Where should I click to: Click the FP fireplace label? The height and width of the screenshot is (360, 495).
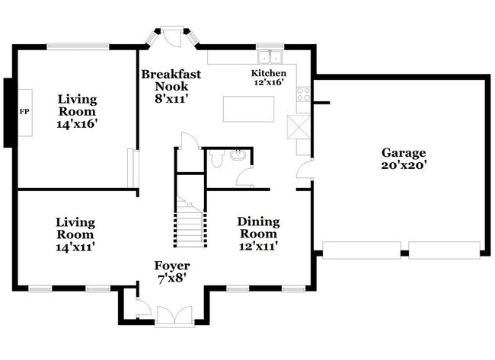pos(24,112)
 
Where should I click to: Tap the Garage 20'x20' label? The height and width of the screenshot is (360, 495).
pos(404,159)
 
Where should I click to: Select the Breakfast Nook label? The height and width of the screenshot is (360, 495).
pos(171,87)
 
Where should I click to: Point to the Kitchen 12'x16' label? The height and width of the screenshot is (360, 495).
pos(269,78)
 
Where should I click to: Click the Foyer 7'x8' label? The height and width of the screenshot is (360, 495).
pos(172,272)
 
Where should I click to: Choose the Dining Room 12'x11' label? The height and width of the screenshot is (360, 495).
pos(259,234)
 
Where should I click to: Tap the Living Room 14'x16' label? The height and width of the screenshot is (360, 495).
pos(76,111)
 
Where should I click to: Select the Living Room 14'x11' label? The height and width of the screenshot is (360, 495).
pos(75,234)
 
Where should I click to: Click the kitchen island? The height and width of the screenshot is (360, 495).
pos(248,109)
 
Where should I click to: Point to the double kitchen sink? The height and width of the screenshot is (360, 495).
pos(270,57)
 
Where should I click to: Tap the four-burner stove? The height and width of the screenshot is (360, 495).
pos(303,94)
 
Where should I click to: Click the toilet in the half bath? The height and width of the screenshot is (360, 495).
pos(216,158)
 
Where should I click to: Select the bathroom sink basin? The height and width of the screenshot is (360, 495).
pos(237,155)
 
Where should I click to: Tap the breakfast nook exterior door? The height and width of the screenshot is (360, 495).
pos(172,37)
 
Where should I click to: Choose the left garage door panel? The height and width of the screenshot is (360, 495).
pos(362,250)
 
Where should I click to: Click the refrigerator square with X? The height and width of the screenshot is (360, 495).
pos(299,127)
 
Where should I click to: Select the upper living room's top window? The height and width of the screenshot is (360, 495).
pos(78,46)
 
